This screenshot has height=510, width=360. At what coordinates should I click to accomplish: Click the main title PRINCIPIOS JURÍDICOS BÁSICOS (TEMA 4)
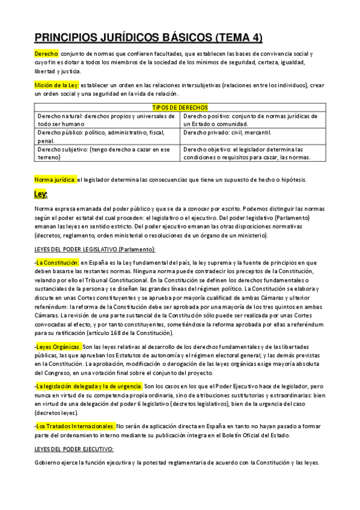[148, 37]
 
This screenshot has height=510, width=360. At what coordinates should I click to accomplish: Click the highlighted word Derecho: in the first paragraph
[46, 54]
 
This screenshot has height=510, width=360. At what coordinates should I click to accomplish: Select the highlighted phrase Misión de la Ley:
[56, 86]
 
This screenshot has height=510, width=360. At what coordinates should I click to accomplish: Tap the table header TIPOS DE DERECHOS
[180, 107]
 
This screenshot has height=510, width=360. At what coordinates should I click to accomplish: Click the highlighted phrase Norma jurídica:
[55, 179]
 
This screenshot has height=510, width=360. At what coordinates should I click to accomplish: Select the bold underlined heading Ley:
[41, 194]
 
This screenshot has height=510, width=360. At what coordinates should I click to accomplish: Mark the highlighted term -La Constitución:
[57, 263]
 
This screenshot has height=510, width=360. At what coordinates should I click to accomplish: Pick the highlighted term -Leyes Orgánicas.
[58, 347]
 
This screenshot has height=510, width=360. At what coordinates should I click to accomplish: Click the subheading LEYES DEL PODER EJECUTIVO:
[74, 449]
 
